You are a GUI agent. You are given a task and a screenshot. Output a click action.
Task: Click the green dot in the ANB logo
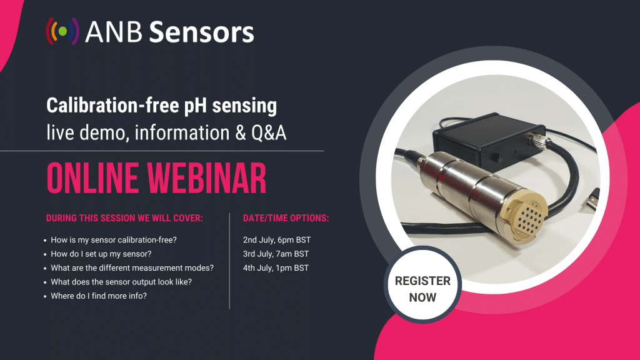(62, 31)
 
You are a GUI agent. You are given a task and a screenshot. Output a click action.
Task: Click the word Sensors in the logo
(202, 32)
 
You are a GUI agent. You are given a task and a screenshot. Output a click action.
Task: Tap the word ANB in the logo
(114, 32)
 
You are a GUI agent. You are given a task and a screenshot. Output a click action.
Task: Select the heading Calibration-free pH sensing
(162, 106)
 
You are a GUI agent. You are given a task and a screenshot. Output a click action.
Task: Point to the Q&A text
(269, 132)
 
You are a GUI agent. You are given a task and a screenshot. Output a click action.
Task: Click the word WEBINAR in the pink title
(206, 178)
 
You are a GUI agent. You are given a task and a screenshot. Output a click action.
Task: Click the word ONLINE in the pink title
(92, 178)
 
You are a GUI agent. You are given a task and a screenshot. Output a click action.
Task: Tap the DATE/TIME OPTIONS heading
(286, 218)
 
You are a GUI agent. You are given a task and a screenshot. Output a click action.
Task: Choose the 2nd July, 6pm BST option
(277, 240)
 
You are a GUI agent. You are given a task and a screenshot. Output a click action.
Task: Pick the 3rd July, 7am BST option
(276, 254)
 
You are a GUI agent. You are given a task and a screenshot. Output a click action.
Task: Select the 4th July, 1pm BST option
(276, 267)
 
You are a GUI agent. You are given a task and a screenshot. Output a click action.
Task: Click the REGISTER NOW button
(422, 289)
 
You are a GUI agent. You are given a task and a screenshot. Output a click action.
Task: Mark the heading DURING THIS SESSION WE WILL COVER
(124, 218)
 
